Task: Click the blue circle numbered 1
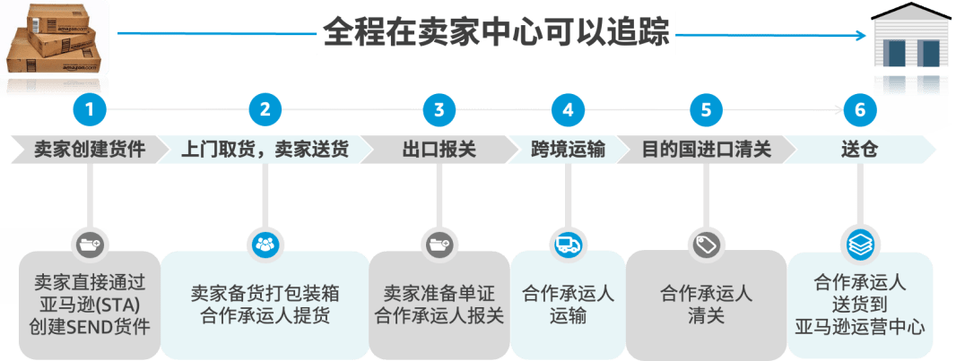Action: click(x=90, y=110)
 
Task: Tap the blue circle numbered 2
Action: click(x=265, y=110)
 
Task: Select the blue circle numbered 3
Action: click(x=439, y=110)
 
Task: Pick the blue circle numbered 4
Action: click(x=568, y=110)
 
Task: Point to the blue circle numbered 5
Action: click(x=706, y=110)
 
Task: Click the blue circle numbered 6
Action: click(x=860, y=110)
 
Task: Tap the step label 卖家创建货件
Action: click(x=89, y=149)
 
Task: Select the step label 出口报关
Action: click(x=439, y=149)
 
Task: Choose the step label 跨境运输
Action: click(x=568, y=149)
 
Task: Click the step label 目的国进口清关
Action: click(x=706, y=149)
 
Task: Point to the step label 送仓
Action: click(x=860, y=149)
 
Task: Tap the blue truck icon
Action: click(x=569, y=244)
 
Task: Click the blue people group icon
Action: click(x=265, y=243)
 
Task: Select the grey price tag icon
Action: click(x=706, y=244)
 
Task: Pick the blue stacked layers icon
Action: click(x=860, y=243)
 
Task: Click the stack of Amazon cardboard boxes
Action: click(x=52, y=40)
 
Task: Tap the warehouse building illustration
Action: click(x=910, y=49)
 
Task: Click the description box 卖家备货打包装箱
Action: click(x=265, y=305)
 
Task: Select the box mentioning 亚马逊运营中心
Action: click(x=860, y=305)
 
